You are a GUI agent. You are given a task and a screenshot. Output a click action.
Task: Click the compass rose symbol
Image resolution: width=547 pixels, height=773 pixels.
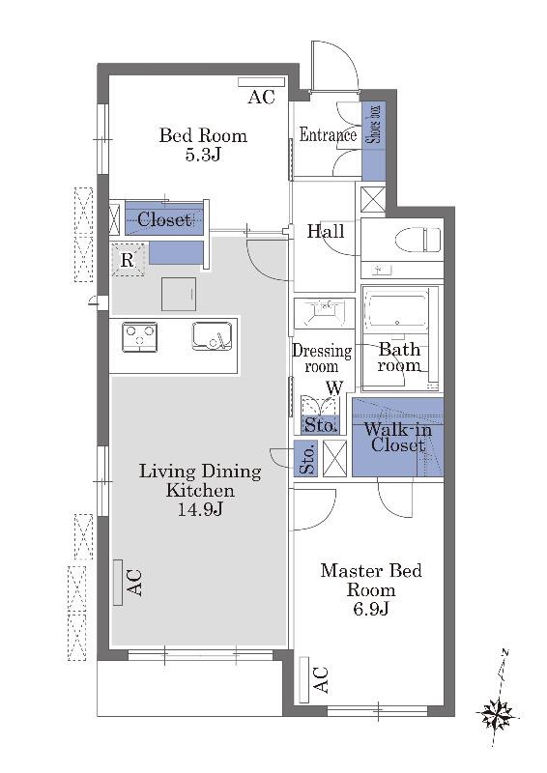pos(497,714)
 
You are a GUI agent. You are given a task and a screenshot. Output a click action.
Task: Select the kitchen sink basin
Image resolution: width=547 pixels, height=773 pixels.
pos(212,335)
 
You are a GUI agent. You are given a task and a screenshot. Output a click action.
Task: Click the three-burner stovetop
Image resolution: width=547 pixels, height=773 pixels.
pos(139,337)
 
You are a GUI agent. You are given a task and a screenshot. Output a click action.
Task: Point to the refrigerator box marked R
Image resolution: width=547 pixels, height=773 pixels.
pos(128,260)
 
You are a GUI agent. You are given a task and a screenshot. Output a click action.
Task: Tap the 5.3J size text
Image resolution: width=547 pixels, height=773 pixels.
pos(203,156)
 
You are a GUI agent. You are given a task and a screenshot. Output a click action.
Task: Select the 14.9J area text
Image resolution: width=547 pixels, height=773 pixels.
pos(200,510)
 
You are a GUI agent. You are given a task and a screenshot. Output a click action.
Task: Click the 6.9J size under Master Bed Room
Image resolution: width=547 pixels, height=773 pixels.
pos(371,609)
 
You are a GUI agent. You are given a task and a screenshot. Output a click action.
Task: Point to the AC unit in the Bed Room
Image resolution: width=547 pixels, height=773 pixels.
pos(261,82)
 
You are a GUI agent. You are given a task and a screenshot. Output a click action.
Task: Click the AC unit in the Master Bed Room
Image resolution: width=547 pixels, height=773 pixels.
pos(304,680)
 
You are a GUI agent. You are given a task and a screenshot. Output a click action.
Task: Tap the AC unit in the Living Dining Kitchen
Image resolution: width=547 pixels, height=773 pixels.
pos(118,583)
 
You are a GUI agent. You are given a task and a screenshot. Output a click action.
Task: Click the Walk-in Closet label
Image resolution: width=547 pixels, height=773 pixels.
pos(397,437)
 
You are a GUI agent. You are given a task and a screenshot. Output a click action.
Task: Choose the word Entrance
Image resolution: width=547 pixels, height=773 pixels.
pos(328,134)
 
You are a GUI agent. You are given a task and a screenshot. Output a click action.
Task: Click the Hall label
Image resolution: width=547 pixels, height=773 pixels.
pos(326,231)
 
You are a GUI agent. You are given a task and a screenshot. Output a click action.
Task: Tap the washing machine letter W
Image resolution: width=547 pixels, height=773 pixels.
pos(335,388)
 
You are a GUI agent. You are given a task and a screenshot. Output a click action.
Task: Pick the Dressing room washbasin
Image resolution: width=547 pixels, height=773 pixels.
pos(324,312)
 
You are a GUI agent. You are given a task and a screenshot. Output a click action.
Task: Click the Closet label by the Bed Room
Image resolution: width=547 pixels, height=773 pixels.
pos(163,219)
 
